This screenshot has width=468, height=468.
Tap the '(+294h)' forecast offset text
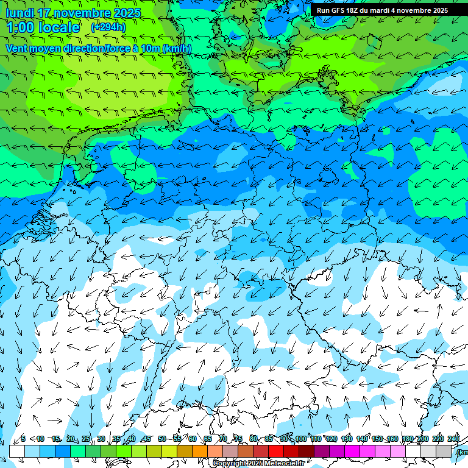(x=108, y=27)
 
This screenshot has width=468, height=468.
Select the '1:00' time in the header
(x=20, y=27)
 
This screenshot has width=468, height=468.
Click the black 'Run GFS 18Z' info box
(x=382, y=10)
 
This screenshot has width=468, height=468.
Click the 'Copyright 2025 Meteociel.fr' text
(x=259, y=464)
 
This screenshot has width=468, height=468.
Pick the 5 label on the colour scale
(x=23, y=439)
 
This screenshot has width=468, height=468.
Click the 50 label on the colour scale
(x=161, y=439)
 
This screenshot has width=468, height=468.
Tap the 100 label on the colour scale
(x=300, y=439)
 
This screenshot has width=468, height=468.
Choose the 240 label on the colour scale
(x=453, y=439)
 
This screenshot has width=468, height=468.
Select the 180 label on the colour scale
(x=407, y=439)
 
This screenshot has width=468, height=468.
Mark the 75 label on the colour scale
(x=238, y=439)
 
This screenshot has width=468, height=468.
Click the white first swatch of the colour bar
(x=17, y=451)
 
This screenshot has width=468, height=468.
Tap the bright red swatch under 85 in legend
(x=276, y=451)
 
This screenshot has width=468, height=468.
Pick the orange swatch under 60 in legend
(x=200, y=451)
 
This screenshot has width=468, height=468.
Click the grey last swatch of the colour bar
(x=444, y=451)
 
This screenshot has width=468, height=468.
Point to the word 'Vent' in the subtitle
(x=18, y=48)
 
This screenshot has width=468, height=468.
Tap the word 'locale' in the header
(x=58, y=27)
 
